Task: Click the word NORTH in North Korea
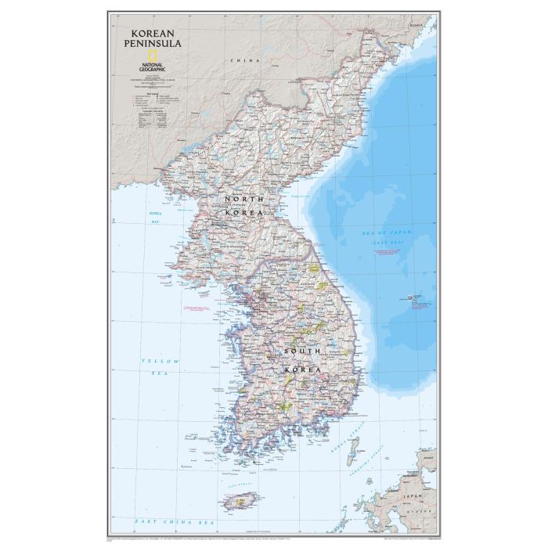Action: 240,200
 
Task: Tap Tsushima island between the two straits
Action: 355,450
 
